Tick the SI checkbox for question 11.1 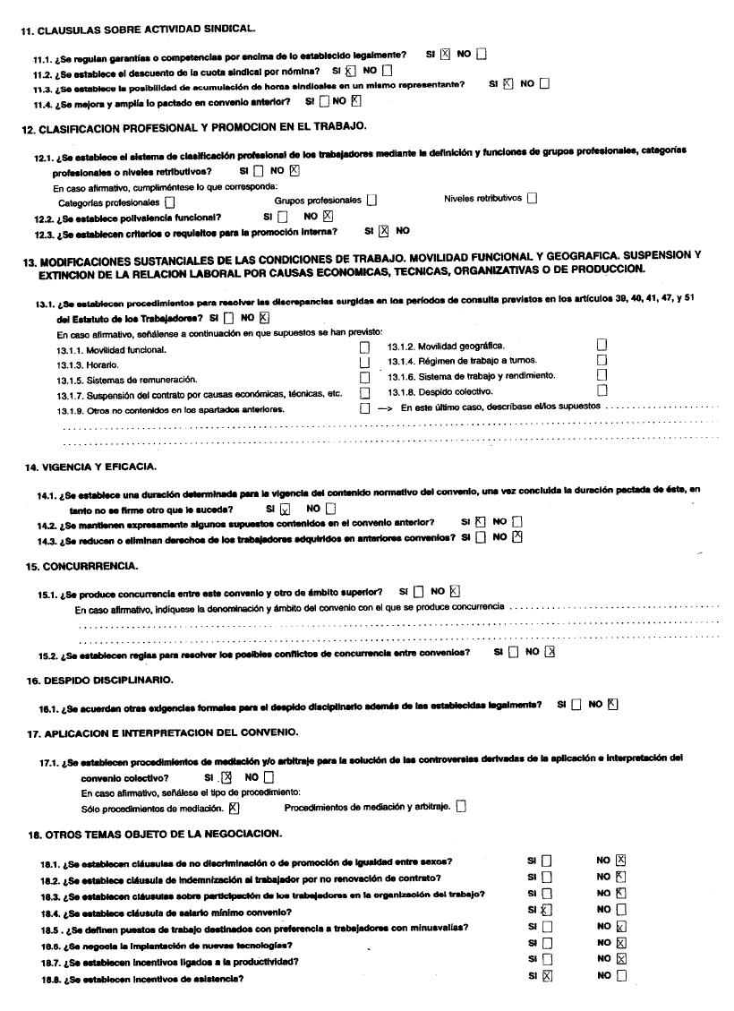click(x=445, y=54)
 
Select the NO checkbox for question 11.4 click(x=355, y=101)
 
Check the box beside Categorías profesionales click(x=170, y=203)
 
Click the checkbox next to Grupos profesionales click(x=371, y=201)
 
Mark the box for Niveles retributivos click(x=533, y=199)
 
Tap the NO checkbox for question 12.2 click(x=328, y=216)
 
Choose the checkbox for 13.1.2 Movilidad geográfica click(x=602, y=345)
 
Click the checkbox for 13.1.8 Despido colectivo click(x=602, y=390)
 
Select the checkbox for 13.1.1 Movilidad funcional click(x=364, y=347)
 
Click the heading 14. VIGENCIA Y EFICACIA click(x=91, y=467)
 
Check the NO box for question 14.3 click(x=516, y=537)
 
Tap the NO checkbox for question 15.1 click(x=455, y=591)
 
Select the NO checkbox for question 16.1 click(x=612, y=704)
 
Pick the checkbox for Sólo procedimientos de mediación click(x=235, y=807)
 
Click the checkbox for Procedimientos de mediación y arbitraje click(x=461, y=806)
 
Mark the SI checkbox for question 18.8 click(x=548, y=977)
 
